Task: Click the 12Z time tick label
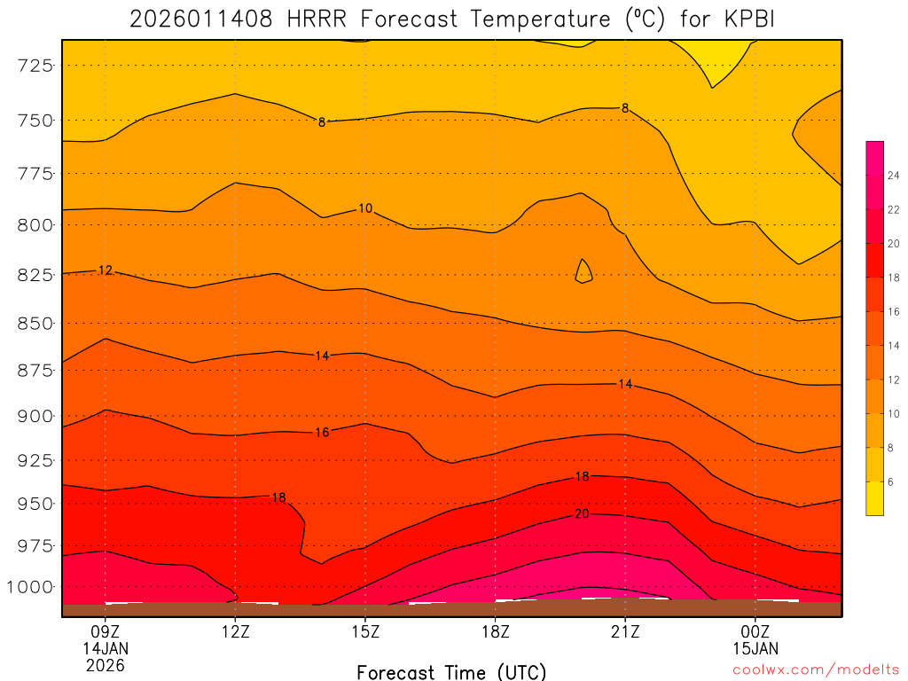[x=235, y=632]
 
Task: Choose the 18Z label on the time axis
[x=495, y=632]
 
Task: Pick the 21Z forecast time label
[x=625, y=632]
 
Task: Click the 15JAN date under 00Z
[x=755, y=648]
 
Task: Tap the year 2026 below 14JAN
[x=106, y=664]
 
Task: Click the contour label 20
[x=583, y=514]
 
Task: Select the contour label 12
[x=106, y=270]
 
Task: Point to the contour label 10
[x=365, y=208]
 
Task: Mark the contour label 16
[x=322, y=433]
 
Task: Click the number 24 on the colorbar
[x=894, y=176]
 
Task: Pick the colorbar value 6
[x=891, y=481]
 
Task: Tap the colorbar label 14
[x=894, y=346]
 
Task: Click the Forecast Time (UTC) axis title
[x=451, y=671]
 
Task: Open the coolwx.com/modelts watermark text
[x=816, y=670]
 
